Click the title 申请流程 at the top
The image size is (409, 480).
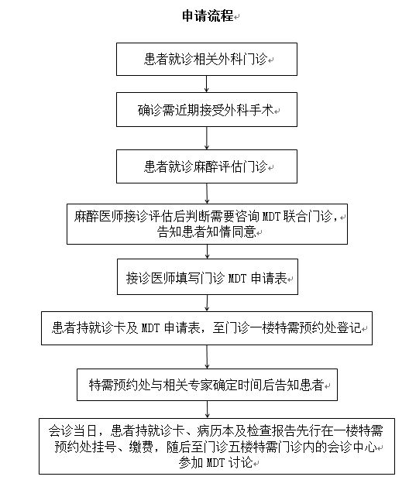(208, 15)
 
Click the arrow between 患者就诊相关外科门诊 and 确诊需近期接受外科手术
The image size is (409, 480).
(207, 84)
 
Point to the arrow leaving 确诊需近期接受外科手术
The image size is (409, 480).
(207, 138)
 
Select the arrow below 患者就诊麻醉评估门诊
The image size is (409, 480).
(207, 194)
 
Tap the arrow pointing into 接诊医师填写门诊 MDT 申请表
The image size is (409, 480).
(208, 252)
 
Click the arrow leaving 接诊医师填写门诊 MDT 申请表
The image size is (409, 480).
(208, 303)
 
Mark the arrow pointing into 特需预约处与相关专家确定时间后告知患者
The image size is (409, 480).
(207, 357)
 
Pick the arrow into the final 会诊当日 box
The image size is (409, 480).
(208, 410)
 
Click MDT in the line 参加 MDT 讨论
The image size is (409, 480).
(216, 462)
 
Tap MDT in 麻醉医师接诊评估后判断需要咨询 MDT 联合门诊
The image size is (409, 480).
(271, 217)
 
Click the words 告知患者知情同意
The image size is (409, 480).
(207, 231)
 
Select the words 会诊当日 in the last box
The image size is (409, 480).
(73, 431)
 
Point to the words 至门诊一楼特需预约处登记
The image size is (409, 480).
(287, 327)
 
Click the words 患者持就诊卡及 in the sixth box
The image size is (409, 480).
(95, 327)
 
